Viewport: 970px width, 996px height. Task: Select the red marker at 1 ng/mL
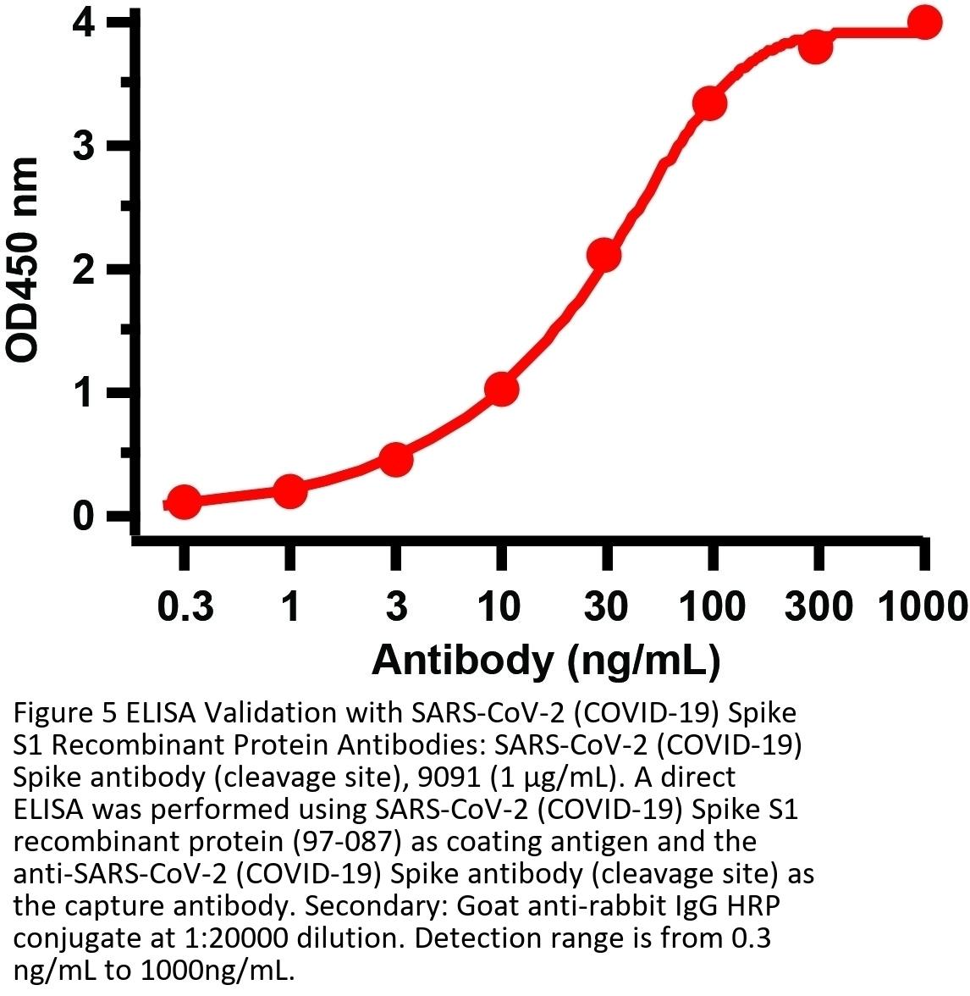pos(289,491)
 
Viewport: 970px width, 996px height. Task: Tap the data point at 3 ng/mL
pos(395,459)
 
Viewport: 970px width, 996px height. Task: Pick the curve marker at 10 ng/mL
pos(501,390)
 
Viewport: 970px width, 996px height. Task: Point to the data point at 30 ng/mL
pos(604,254)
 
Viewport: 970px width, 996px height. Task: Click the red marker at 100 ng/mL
pos(709,104)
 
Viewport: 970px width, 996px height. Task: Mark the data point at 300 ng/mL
pos(816,47)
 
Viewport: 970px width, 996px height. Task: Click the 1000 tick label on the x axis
pos(922,607)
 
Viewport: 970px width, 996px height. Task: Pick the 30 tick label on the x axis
pos(605,607)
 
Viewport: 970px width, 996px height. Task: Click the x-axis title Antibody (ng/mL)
pos(546,660)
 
